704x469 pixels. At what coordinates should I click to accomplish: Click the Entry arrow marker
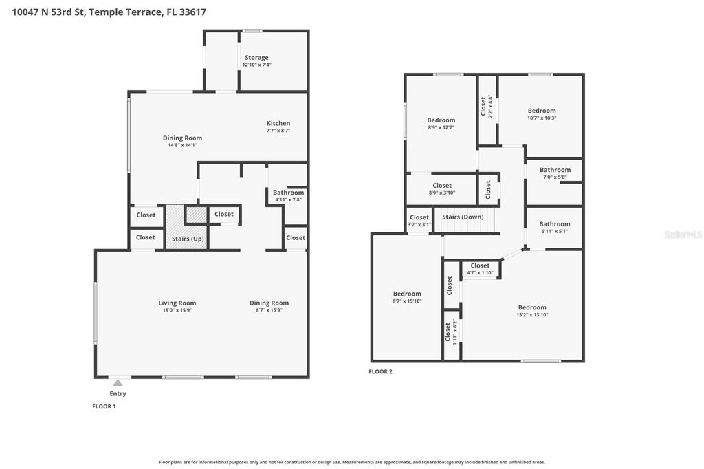118,383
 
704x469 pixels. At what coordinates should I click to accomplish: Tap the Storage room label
256,58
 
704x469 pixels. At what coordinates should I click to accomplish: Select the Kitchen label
278,123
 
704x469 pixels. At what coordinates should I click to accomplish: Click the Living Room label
177,303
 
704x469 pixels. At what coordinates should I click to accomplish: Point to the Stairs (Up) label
188,239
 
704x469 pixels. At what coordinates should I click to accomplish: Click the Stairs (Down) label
463,217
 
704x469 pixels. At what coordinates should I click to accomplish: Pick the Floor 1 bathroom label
288,193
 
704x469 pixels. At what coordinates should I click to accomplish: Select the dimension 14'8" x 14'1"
182,145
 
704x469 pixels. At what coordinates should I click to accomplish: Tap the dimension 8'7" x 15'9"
269,310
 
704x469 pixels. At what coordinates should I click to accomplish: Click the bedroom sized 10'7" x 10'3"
542,111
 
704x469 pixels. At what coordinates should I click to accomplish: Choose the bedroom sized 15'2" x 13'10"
532,307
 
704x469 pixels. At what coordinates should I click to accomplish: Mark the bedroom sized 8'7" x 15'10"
407,294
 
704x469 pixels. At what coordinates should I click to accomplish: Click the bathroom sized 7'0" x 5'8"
555,170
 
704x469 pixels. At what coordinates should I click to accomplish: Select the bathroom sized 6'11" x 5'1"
554,223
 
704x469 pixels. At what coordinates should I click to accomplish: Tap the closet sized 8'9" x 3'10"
441,186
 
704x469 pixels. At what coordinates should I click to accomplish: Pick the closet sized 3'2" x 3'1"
419,217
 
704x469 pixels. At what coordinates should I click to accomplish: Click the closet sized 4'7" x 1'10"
480,265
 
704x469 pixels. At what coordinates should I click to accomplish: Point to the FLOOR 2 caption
380,371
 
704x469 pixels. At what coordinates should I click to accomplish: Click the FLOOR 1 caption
104,406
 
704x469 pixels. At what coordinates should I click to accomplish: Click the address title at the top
108,12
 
